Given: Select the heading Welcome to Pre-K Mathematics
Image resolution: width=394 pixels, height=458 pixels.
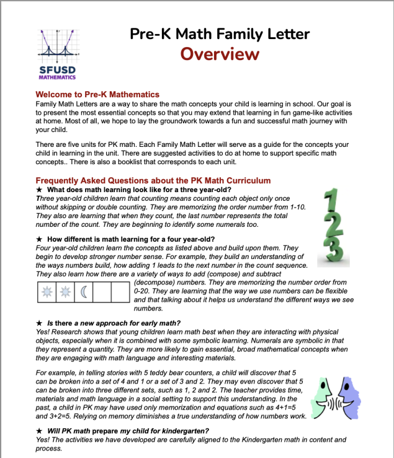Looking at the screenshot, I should coord(97,94).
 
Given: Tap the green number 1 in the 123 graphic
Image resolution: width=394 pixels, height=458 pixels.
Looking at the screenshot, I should coord(331,202).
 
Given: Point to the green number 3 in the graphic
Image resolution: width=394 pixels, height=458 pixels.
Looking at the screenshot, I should coord(334,251).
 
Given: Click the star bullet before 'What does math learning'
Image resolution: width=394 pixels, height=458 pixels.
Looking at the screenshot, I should coord(40,190).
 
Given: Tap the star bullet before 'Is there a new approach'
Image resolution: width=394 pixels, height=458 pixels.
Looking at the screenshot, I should coord(40,323).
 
